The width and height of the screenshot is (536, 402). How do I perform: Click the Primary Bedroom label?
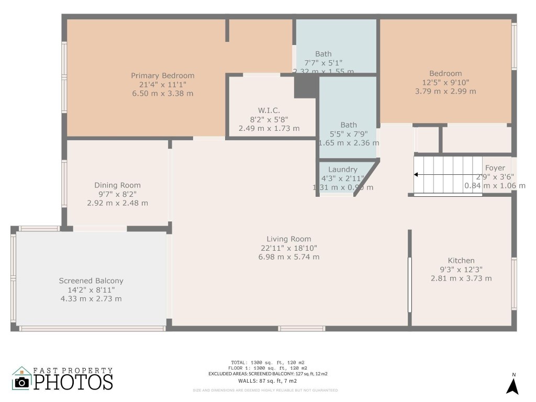coord(162,76)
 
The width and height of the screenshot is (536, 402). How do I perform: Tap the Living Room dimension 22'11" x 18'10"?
coord(288,248)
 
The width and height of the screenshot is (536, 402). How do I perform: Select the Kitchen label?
coord(461,261)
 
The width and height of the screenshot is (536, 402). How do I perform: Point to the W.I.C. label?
coord(269,110)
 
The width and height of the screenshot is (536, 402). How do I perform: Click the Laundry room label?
coord(343,170)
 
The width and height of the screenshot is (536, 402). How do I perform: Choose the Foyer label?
coord(495,168)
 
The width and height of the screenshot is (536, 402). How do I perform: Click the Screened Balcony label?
coord(91,281)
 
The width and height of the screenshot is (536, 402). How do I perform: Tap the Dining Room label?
coord(117,185)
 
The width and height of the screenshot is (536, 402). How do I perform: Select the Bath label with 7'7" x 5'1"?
coord(323,54)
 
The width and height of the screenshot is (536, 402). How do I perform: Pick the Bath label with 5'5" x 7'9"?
coord(349,125)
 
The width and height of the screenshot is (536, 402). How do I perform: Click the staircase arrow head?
coord(417,175)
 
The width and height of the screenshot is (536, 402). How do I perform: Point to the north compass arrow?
coord(512,386)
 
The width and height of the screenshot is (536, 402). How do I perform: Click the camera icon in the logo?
coord(21,382)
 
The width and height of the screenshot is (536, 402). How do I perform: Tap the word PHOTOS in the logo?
coord(73,382)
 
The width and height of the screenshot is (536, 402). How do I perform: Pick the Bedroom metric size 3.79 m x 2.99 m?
coord(445,92)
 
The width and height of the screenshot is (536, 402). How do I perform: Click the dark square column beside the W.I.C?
coord(306,86)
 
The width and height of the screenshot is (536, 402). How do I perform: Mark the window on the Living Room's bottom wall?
coord(301,329)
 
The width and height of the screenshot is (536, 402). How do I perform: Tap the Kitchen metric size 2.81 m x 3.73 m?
coord(461,278)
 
